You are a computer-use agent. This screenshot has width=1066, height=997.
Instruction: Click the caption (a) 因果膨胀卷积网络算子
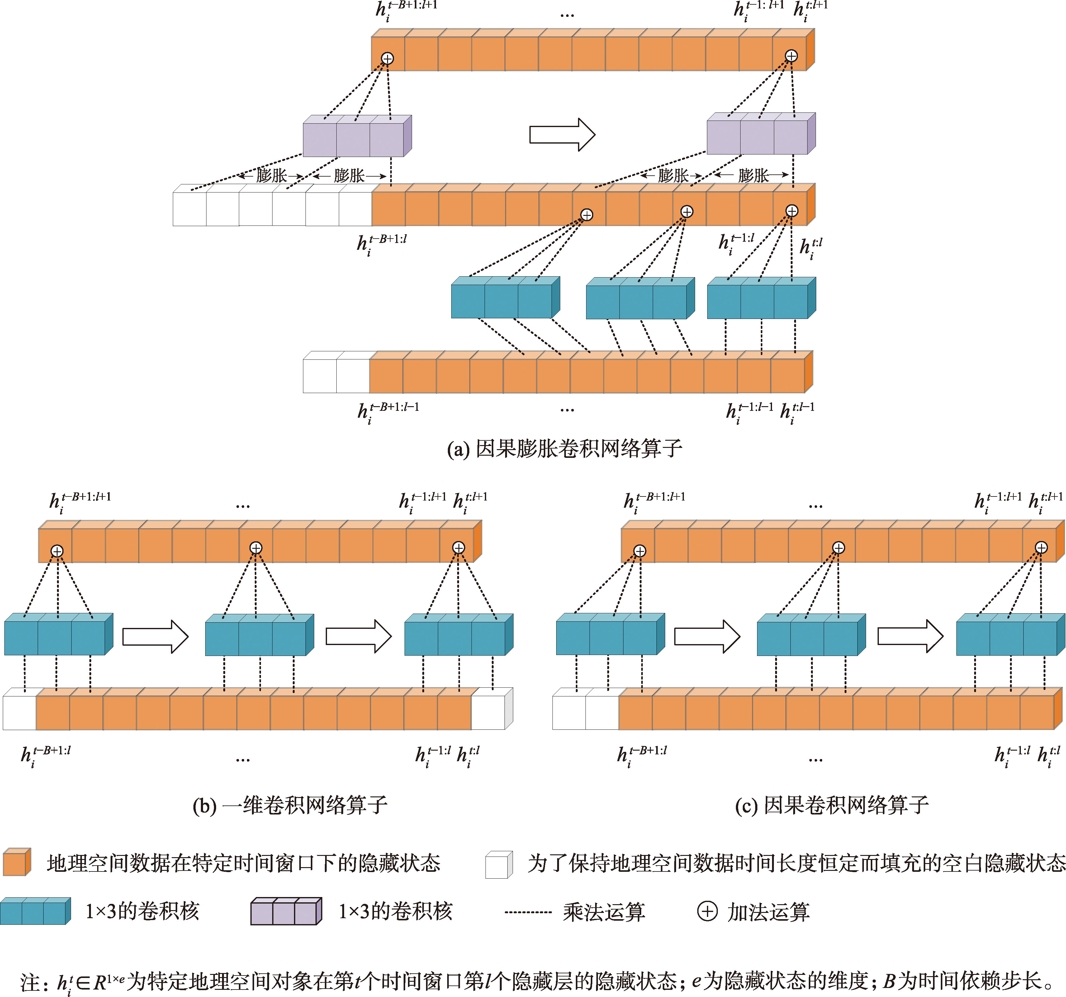click(x=564, y=449)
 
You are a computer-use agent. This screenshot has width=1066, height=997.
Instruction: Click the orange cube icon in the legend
click(x=17, y=862)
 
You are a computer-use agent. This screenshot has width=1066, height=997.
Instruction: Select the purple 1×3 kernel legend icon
click(x=286, y=911)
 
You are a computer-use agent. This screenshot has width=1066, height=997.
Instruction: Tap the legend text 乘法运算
click(x=604, y=912)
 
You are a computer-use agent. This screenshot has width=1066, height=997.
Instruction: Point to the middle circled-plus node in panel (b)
click(x=256, y=548)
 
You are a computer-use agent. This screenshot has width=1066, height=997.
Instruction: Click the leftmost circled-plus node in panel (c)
click(x=640, y=551)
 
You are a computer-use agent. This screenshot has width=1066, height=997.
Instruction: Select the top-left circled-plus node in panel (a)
click(x=387, y=59)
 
